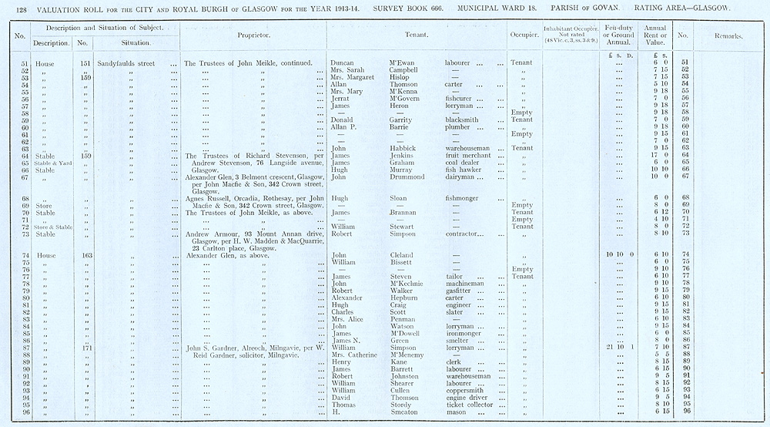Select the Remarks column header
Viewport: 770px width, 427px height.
click(728, 35)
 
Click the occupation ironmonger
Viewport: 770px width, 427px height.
click(466, 333)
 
